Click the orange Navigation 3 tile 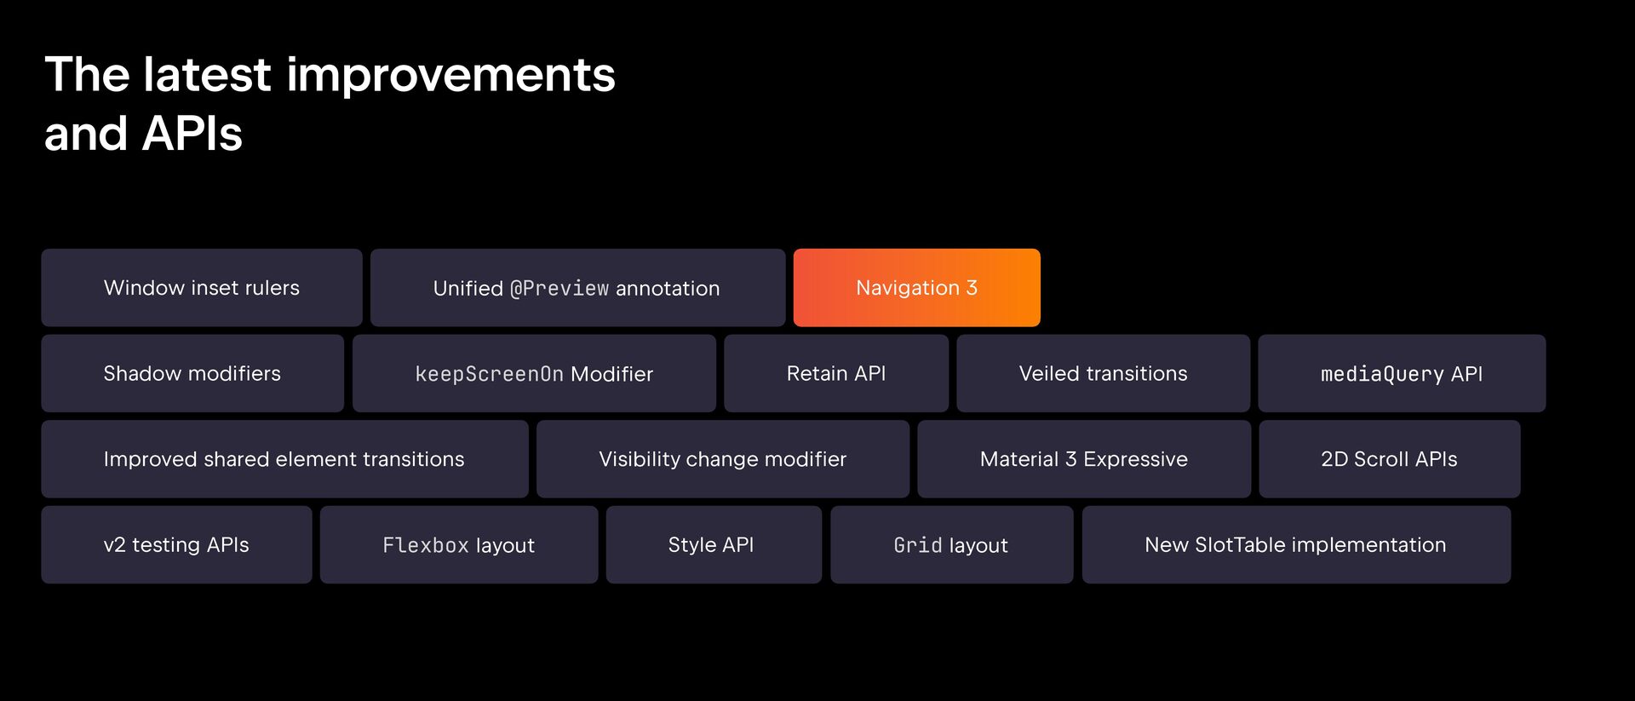[916, 288]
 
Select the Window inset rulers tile [202, 288]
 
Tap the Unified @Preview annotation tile [577, 288]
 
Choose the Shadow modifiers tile [192, 373]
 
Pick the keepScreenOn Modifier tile [534, 373]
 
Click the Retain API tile [836, 373]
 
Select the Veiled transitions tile [1103, 373]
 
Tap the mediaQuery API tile [1402, 373]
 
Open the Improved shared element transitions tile [284, 459]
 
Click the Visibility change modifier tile [723, 459]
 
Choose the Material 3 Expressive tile [1084, 459]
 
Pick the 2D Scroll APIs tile [1390, 459]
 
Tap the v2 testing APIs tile [176, 545]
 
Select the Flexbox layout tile [459, 545]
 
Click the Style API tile [714, 545]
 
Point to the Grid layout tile [952, 545]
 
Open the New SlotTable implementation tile [1296, 545]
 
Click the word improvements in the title [451, 75]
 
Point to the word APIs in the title [192, 134]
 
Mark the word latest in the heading [207, 74]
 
